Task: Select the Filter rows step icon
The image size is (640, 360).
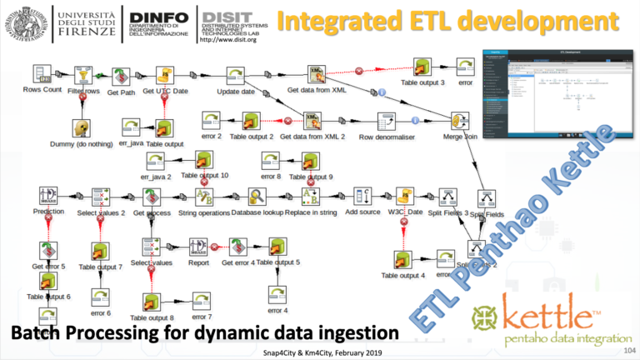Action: point(82,74)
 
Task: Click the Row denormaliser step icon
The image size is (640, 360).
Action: point(387,122)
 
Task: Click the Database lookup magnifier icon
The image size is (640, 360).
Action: point(256,197)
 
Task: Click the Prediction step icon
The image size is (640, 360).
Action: point(47,197)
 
